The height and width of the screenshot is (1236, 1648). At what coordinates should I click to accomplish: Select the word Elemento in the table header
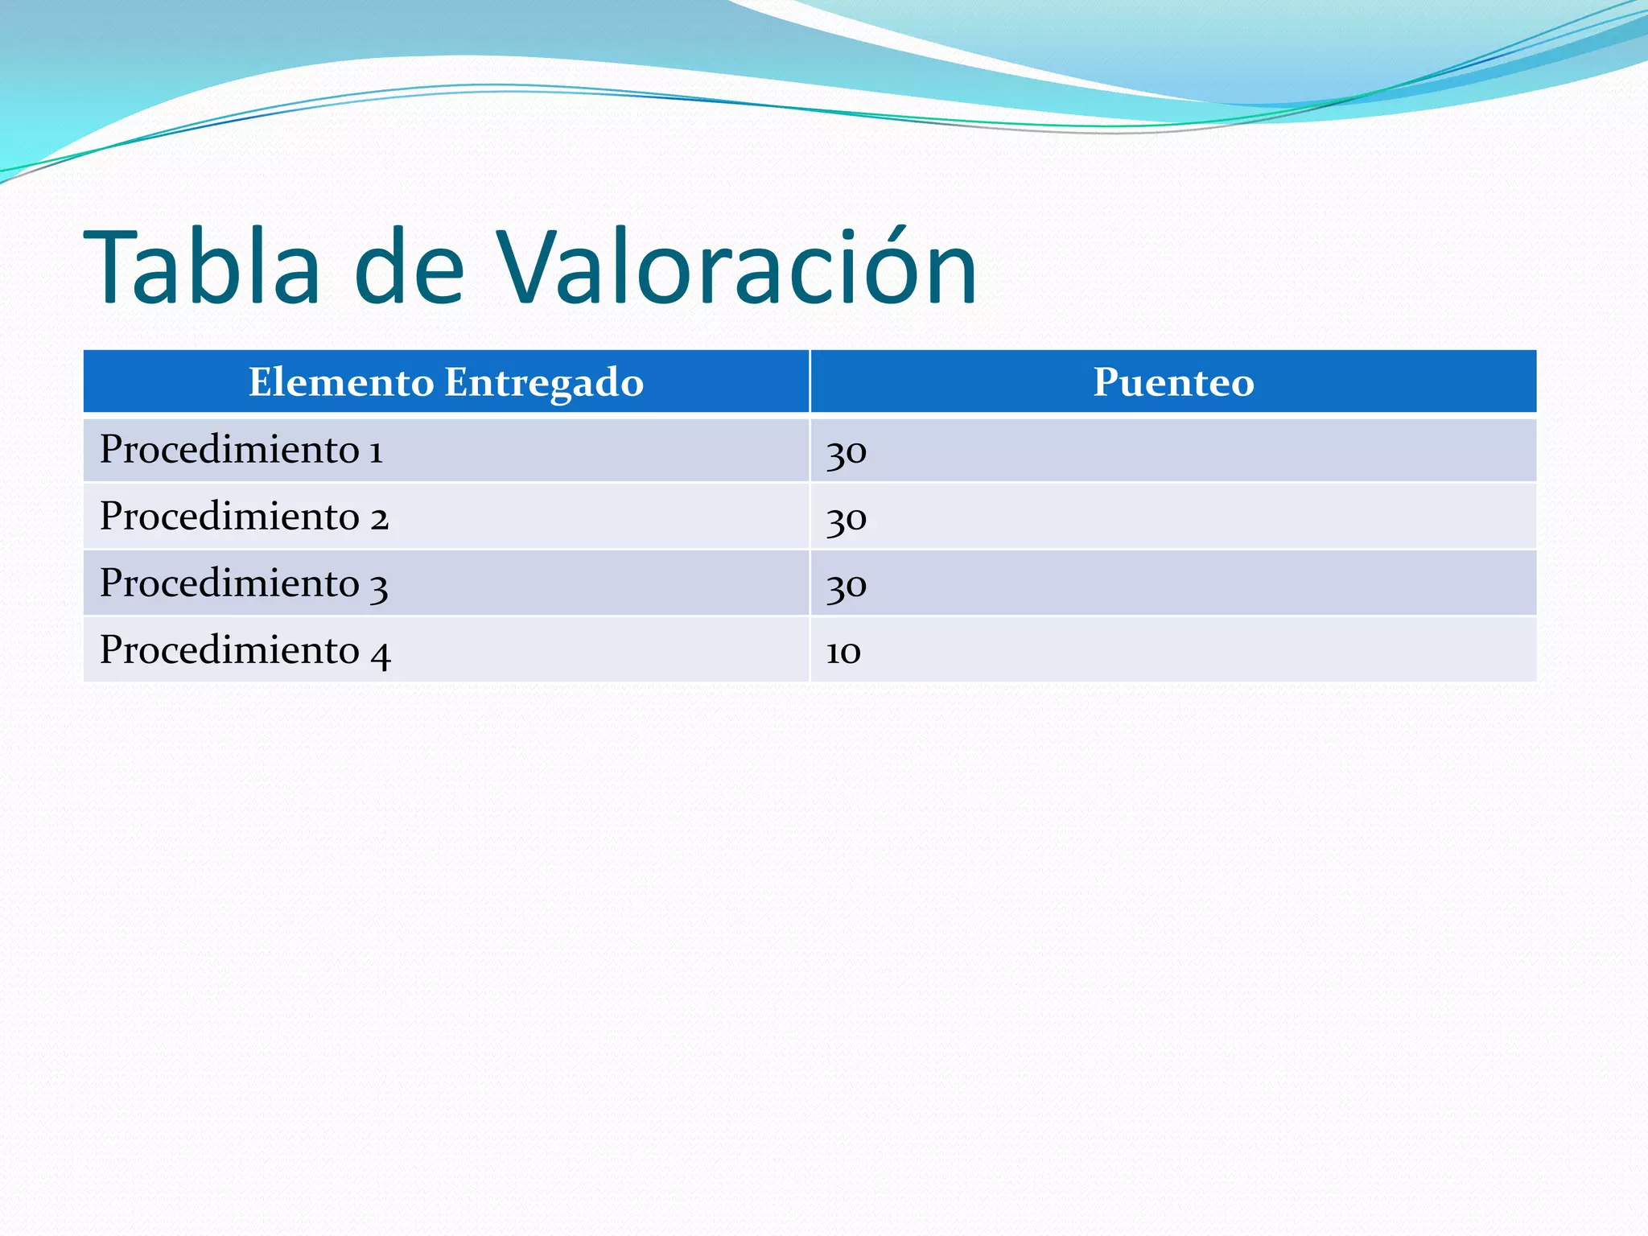[341, 382]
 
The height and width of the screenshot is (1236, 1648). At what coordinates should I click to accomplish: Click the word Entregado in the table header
[544, 382]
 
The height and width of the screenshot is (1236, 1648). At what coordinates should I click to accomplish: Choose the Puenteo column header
[1173, 382]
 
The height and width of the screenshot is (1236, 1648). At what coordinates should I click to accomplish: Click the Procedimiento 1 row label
[241, 449]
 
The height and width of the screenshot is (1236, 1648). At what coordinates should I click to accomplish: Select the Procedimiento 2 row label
[244, 516]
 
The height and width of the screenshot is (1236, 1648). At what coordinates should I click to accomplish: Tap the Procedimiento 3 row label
[244, 583]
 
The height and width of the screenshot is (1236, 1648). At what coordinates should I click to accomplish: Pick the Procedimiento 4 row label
[245, 650]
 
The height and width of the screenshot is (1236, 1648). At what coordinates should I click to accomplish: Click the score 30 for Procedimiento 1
[847, 452]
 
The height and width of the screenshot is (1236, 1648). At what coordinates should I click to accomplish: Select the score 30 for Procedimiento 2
[847, 519]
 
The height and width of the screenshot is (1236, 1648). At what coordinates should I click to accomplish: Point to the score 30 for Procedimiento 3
[847, 586]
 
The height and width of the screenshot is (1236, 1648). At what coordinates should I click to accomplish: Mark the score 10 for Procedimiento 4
[843, 652]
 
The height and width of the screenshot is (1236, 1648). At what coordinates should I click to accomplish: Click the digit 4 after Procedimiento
[381, 653]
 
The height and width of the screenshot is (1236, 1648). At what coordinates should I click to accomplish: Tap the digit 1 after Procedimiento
[376, 451]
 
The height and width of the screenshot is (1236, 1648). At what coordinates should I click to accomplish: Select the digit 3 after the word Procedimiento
[379, 587]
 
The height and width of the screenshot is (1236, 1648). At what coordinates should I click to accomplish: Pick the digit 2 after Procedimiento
[379, 518]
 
